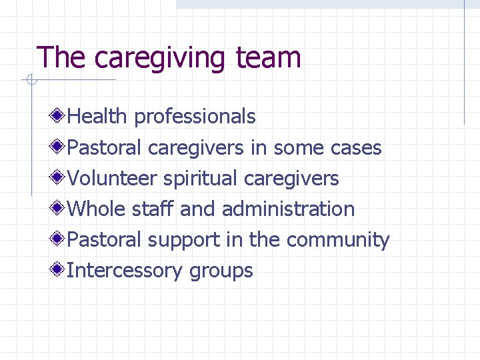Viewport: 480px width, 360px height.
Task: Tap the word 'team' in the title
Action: (269, 58)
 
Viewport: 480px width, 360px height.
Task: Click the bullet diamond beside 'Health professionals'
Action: (59, 116)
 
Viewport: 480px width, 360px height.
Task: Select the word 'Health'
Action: (97, 116)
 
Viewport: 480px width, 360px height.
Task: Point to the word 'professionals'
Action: (195, 117)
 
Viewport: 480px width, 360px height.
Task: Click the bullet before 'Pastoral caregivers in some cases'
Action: (59, 147)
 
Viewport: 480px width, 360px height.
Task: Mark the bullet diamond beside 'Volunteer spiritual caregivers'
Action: (59, 177)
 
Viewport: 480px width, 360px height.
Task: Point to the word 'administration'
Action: (288, 209)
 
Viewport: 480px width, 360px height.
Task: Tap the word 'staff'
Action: (153, 209)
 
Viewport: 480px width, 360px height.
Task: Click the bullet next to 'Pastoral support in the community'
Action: (59, 239)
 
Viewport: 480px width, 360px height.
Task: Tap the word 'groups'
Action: (221, 271)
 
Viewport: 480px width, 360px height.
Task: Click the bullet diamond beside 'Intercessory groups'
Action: (59, 269)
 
